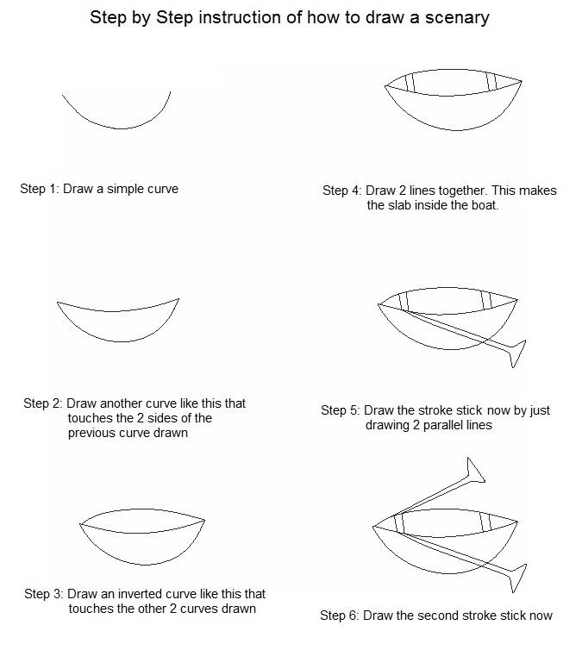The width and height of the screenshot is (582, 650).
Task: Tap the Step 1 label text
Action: [40, 188]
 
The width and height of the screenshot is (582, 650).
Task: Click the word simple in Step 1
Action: [126, 188]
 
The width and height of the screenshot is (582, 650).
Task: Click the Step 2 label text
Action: [42, 403]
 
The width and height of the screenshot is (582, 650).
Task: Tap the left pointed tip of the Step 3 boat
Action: [81, 524]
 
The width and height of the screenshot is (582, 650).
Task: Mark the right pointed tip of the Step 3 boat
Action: [203, 521]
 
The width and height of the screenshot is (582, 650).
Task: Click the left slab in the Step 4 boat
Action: [410, 82]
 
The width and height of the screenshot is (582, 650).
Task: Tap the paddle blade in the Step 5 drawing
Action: [516, 352]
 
